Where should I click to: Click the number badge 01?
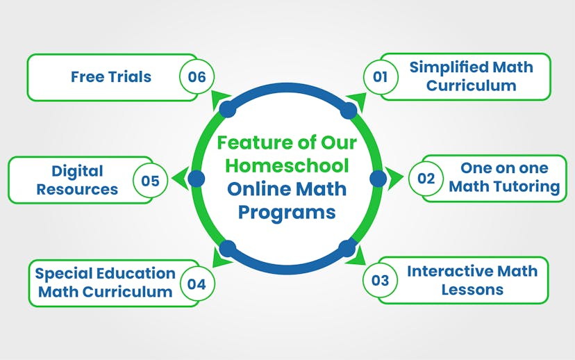click(x=380, y=77)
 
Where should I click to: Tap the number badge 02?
click(x=426, y=179)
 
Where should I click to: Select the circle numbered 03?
click(x=380, y=281)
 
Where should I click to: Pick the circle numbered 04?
click(x=197, y=284)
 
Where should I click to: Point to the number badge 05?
click(x=150, y=181)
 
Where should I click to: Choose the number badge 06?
click(x=197, y=77)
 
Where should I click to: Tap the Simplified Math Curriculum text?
click(x=471, y=76)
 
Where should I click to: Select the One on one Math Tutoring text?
click(x=503, y=177)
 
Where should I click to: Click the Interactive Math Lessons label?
click(x=472, y=280)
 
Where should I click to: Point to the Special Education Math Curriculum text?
click(x=106, y=282)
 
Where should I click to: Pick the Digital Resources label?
click(x=77, y=180)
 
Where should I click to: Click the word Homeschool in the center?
click(x=286, y=166)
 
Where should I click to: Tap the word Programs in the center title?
click(x=286, y=211)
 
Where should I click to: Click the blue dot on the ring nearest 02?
click(x=378, y=179)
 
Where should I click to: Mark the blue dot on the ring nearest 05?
click(x=197, y=179)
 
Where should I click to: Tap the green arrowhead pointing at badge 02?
click(x=397, y=179)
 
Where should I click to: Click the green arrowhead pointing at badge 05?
click(x=178, y=179)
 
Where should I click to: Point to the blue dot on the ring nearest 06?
click(x=226, y=108)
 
